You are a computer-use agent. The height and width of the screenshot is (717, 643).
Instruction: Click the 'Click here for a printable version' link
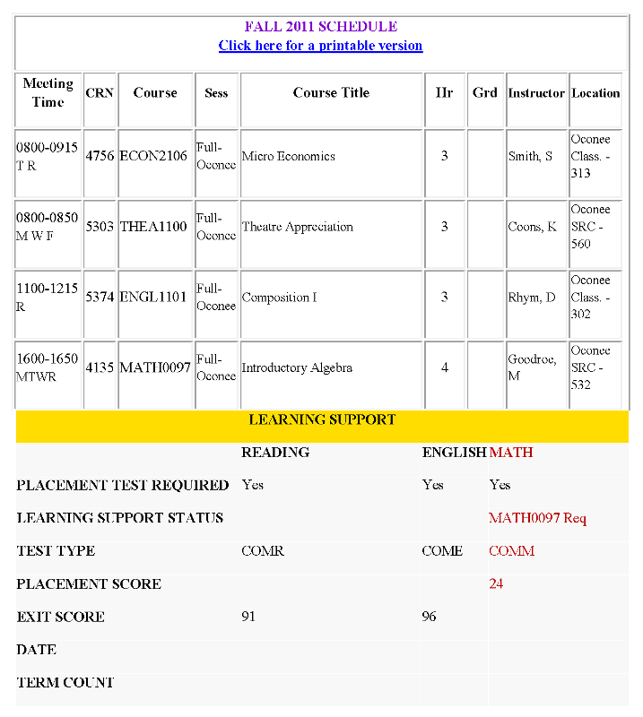click(320, 46)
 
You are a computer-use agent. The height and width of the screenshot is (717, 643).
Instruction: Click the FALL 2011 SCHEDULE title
click(320, 27)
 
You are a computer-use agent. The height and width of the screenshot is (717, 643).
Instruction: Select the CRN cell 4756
click(100, 156)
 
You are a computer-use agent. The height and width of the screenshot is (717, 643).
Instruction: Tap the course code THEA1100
click(155, 227)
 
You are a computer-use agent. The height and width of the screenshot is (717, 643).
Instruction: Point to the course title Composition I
click(279, 298)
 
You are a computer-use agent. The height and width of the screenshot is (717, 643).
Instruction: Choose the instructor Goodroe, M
click(532, 367)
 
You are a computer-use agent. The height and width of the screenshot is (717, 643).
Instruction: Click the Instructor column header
click(536, 93)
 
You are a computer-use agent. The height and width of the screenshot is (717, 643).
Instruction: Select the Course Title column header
click(331, 93)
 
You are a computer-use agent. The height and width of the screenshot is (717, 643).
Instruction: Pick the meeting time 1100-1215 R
click(47, 298)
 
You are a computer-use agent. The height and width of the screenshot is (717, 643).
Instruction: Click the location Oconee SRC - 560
click(593, 227)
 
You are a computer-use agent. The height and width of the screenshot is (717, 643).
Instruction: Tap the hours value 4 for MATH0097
click(445, 367)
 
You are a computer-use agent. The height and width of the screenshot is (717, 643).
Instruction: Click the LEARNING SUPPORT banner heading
click(322, 419)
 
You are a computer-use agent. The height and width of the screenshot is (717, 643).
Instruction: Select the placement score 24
click(496, 584)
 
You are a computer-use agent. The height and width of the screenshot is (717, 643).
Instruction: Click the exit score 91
click(250, 618)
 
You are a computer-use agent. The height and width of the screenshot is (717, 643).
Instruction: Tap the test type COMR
click(263, 551)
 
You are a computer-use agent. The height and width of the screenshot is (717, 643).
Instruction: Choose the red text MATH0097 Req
click(537, 518)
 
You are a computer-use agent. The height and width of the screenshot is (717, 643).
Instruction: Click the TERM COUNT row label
click(65, 683)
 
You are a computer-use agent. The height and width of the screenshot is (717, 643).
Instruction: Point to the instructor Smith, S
click(530, 156)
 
